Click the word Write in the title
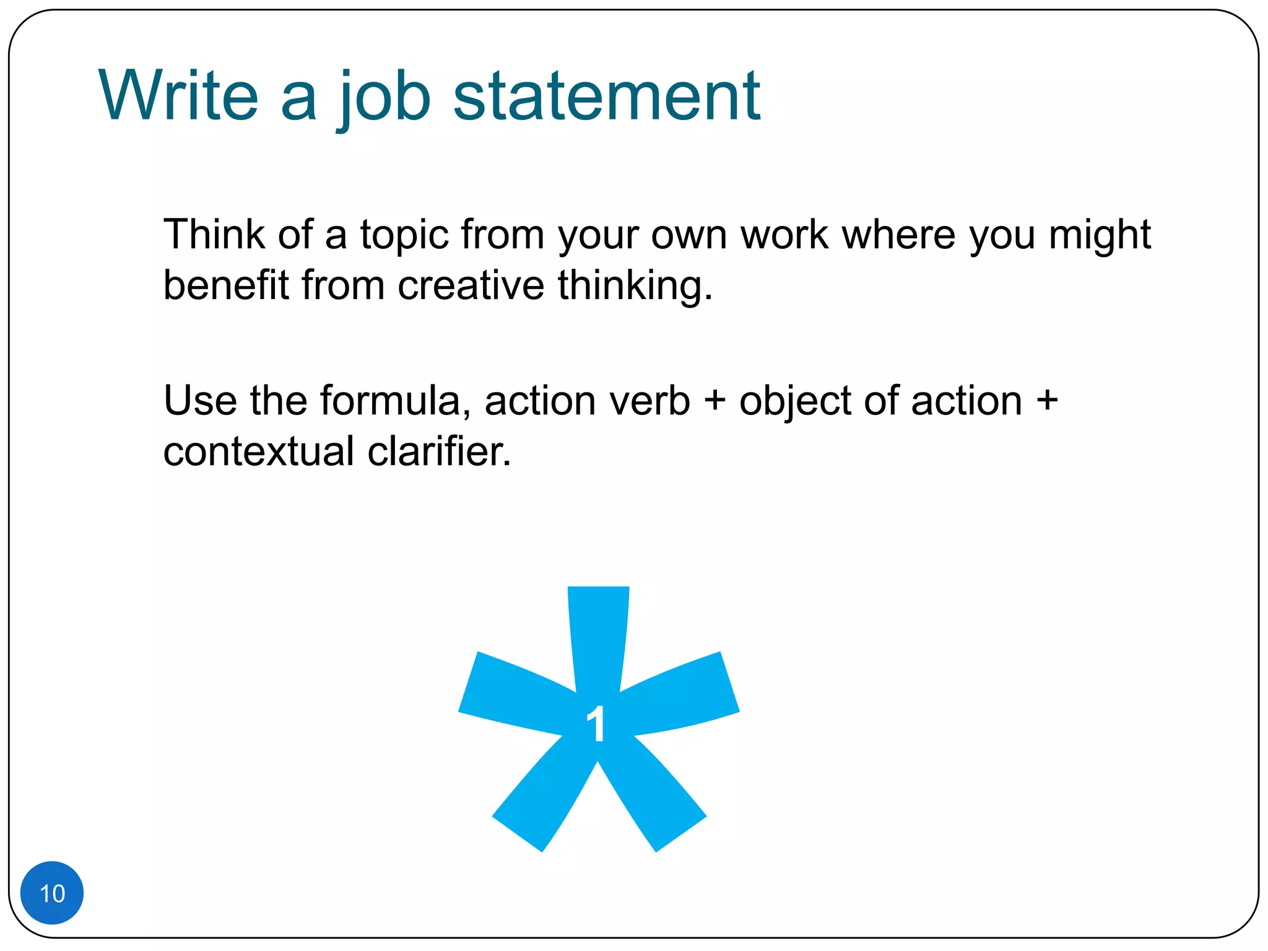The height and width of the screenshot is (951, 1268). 178,96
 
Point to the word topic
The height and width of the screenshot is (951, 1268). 404,236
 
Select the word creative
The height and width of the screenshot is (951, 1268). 471,285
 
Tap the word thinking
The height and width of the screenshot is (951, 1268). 635,287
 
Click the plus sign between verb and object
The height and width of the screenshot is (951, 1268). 714,401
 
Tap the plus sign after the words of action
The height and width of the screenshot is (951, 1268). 1047,401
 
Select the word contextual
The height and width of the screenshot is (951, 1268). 259,451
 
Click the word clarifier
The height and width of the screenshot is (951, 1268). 440,451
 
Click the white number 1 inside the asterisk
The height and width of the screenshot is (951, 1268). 596,724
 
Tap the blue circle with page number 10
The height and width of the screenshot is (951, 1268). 52,893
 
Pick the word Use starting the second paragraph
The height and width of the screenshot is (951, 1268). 200,401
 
